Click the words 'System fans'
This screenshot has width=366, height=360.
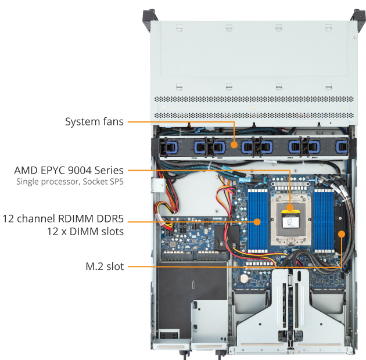94,122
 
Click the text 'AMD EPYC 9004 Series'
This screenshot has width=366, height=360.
69,171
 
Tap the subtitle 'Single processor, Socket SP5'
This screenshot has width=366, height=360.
70,182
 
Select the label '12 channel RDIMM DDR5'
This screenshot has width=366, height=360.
63,219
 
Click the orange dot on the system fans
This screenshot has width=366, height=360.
234,145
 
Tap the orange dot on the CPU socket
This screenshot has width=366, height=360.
290,208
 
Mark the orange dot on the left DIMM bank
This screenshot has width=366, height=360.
257,221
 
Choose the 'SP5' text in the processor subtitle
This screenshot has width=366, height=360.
115,182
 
